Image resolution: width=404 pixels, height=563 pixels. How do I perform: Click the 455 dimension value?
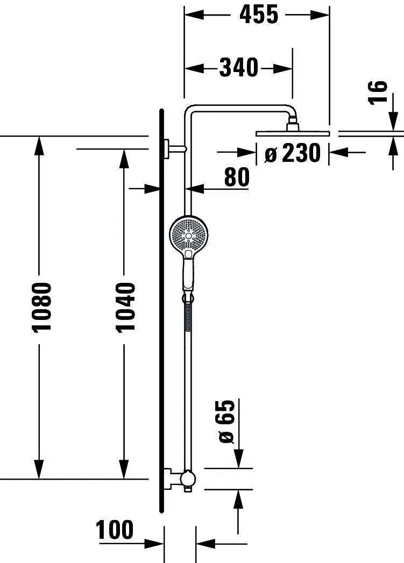coord(259,15)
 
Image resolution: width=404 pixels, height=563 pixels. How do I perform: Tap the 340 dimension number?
coord(239,68)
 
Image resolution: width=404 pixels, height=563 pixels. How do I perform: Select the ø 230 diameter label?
coord(293,154)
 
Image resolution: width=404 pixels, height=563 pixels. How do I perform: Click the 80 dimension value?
coord(237,177)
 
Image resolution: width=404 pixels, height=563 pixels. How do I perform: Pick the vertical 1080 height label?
coord(41,307)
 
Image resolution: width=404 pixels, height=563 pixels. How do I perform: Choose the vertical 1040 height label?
coord(125,307)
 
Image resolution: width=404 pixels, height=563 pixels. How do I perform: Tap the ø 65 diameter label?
coord(227,421)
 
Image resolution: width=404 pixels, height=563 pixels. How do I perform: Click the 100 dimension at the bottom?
coord(115,530)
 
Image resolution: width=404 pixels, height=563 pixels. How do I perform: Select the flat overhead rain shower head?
coord(292,133)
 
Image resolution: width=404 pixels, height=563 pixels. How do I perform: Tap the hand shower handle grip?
coord(188,274)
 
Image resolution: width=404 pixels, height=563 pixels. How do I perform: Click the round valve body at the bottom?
coord(188,478)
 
